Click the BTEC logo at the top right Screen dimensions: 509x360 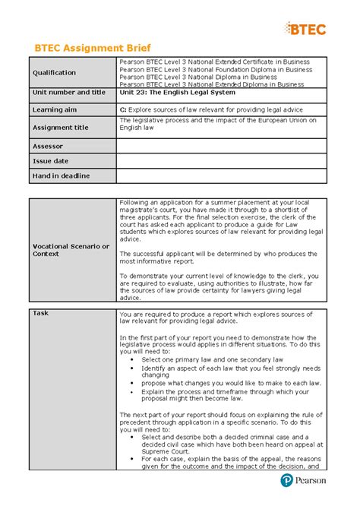coord(307,29)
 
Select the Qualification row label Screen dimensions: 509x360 coord(54,73)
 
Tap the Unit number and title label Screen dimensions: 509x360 coord(68,93)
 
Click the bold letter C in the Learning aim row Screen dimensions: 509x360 coord(123,109)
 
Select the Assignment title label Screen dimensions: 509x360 coord(60,128)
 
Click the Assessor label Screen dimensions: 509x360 coord(47,146)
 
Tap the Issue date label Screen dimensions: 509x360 coord(50,161)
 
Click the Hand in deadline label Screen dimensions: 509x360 coord(61,175)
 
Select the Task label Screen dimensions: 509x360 coord(40,313)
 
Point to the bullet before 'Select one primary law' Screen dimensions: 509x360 coord(133,359)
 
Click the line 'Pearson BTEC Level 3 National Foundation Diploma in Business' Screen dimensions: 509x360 coord(216,69)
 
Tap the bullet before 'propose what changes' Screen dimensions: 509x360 coord(133,383)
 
